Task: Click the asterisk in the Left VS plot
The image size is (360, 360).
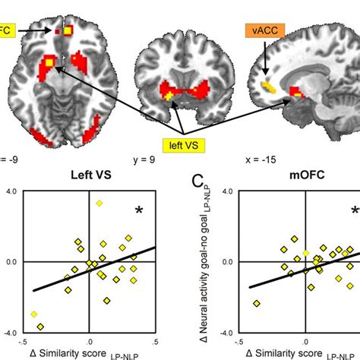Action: (139, 210)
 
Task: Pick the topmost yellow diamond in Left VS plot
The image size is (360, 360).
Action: (99, 203)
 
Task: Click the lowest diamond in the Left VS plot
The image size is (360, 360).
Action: (40, 327)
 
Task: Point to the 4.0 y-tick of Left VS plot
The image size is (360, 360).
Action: (12, 191)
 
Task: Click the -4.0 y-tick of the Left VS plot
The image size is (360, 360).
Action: (11, 332)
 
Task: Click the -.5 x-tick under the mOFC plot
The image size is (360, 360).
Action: (238, 341)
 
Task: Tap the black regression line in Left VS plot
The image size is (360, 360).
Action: (91, 268)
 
